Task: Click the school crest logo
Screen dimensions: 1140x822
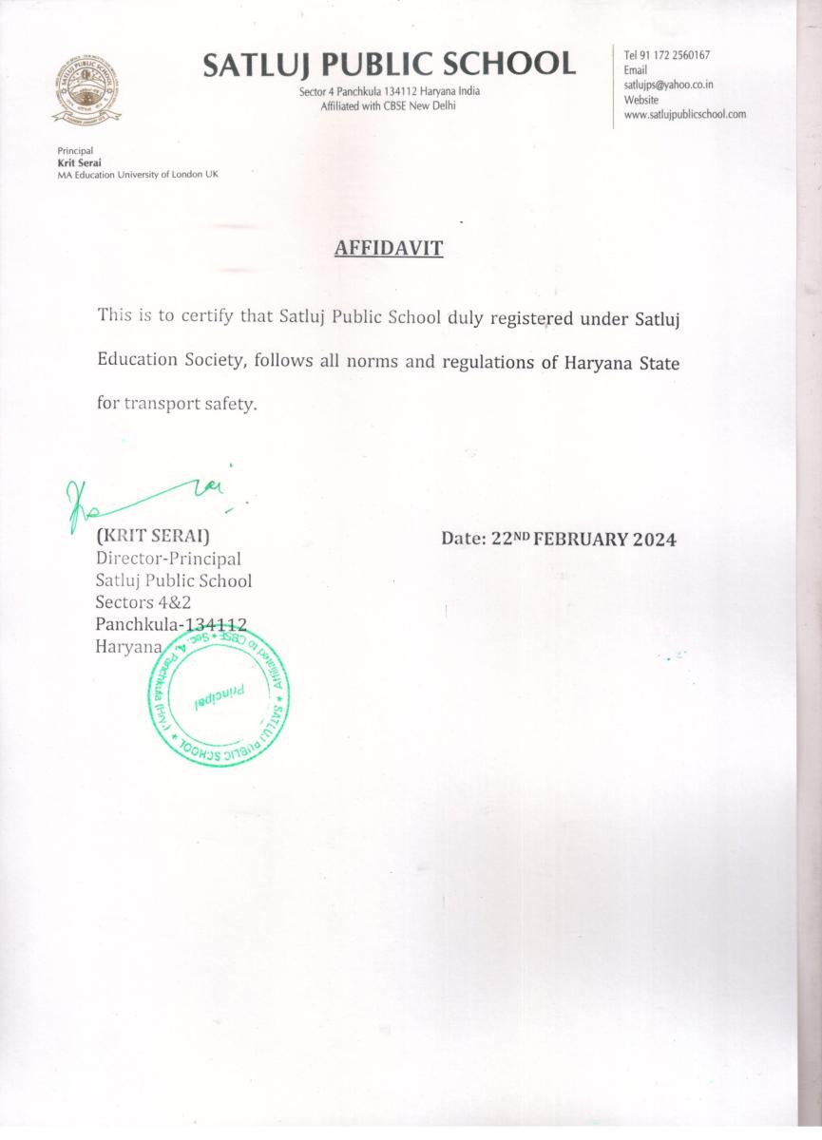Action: point(86,91)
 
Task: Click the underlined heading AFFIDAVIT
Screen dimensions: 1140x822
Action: point(389,249)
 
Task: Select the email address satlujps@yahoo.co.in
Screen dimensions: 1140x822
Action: point(669,85)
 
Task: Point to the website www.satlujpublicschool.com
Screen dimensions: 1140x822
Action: point(684,114)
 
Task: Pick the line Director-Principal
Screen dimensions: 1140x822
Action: point(168,559)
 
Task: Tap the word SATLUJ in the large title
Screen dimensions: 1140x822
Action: point(256,64)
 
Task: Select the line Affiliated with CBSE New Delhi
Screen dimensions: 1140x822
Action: point(388,105)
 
